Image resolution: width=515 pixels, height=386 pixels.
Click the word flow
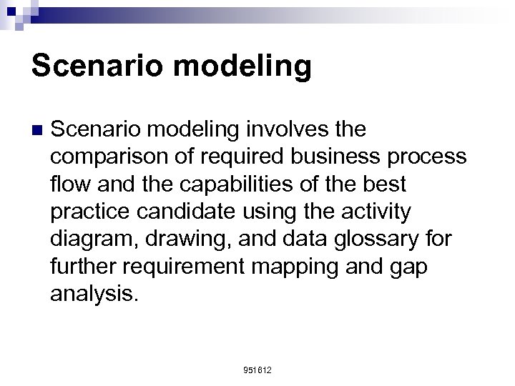70,184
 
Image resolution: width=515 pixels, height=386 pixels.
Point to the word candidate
197,211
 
